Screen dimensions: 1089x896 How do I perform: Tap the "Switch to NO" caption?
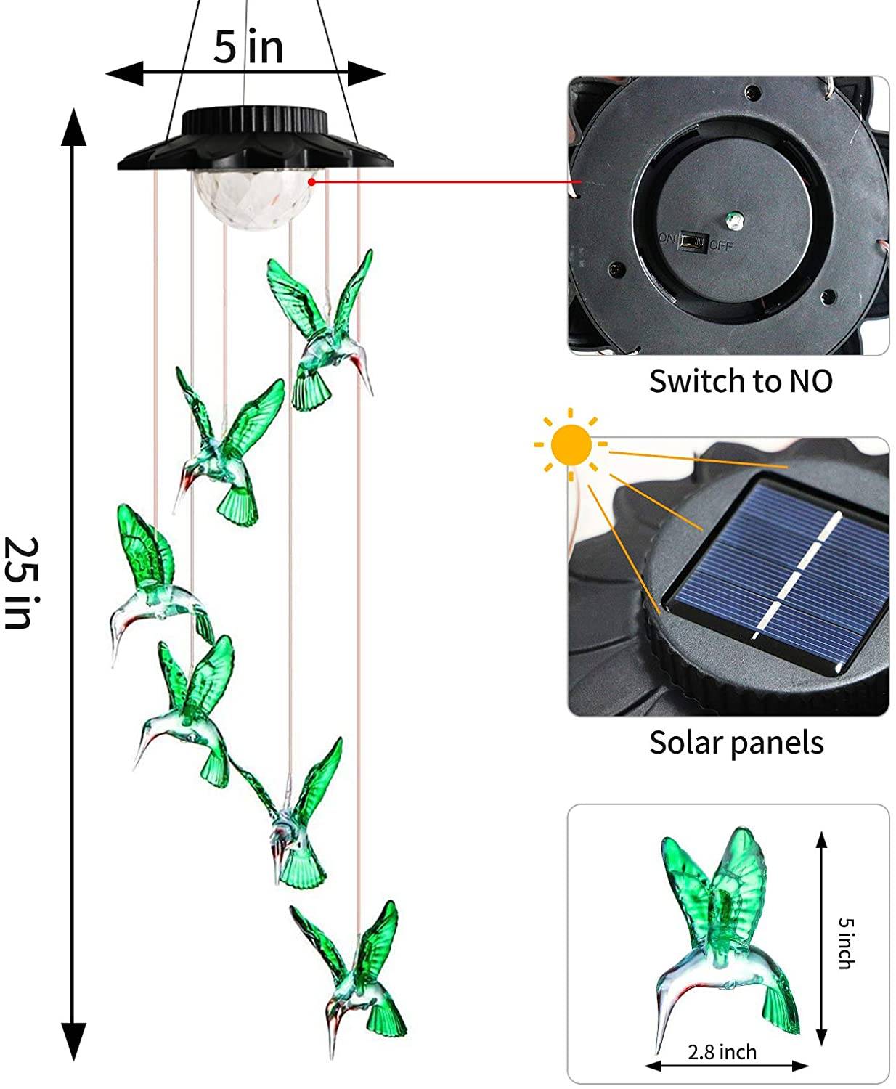[x=740, y=381]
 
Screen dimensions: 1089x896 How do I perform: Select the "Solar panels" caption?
[x=736, y=742]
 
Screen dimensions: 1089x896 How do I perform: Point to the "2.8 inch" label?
[x=722, y=1051]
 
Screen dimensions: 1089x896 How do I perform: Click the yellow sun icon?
[x=571, y=444]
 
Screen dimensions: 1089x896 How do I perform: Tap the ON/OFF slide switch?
[x=695, y=242]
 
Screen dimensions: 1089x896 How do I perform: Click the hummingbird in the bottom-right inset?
[x=726, y=937]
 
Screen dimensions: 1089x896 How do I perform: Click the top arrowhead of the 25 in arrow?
[x=73, y=124]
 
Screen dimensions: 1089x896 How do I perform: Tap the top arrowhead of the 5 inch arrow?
[x=822, y=841]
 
